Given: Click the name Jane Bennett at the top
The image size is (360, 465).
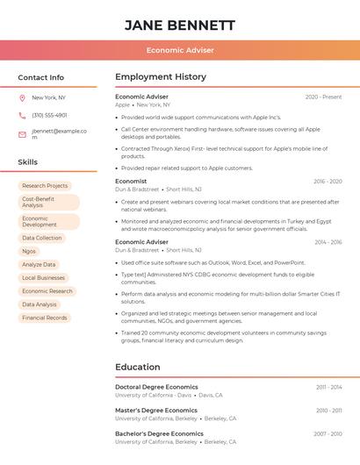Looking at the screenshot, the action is pos(180,25).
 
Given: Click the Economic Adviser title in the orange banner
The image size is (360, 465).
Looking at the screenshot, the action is pos(180,50).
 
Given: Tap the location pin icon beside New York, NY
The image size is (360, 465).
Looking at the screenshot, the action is pos(22,97).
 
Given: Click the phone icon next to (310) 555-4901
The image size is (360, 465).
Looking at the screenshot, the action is pos(22,115).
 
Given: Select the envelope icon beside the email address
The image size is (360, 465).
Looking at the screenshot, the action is pos(22,134).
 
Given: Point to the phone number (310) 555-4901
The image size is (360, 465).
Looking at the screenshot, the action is pos(49,115).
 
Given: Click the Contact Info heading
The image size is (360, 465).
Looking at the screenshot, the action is pos(41,77).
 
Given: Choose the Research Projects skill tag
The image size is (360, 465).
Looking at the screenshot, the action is pos(45,186).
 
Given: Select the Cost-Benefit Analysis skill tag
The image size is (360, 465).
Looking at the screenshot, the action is pos(48,202).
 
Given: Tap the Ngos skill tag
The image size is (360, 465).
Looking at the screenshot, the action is pos(30,251).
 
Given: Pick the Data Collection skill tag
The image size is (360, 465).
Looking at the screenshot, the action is pos(42,238).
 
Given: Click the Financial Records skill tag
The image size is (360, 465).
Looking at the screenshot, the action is pos(45,318).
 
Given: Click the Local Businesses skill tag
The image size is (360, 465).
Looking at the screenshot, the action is pos(44,278).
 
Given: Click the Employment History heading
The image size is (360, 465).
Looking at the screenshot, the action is pos(161,77).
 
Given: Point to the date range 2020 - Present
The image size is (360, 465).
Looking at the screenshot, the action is pos(323,97).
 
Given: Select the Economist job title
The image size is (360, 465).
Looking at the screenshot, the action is pos(131,182).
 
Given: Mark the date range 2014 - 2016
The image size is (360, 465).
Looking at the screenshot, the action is pos(328,242).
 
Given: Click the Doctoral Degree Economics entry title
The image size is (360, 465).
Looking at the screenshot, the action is pos(156,387).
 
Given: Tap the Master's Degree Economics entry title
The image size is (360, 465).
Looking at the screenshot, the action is pos(156,410).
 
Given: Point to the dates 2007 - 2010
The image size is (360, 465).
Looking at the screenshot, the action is pos(328,433).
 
